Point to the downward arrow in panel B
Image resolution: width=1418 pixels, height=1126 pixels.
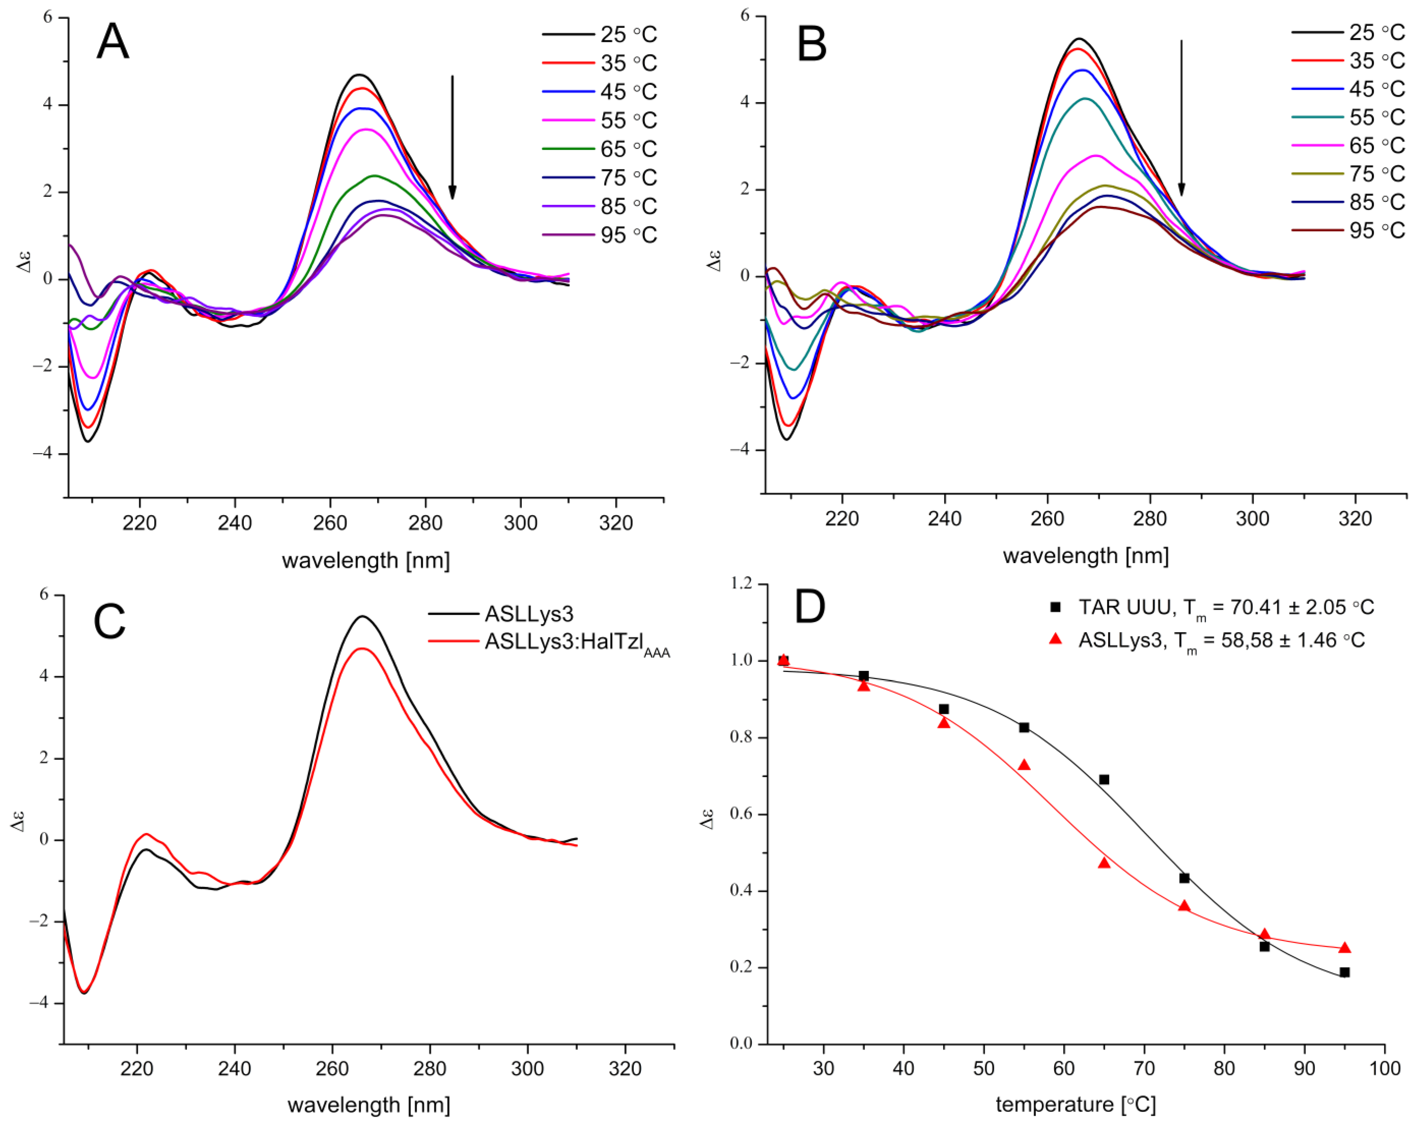tap(1181, 118)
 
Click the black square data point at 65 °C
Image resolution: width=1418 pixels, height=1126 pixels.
tap(1104, 779)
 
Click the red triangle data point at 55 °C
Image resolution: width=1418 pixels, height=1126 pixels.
tap(1024, 765)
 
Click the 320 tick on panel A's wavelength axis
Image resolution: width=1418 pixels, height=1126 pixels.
tap(616, 524)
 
